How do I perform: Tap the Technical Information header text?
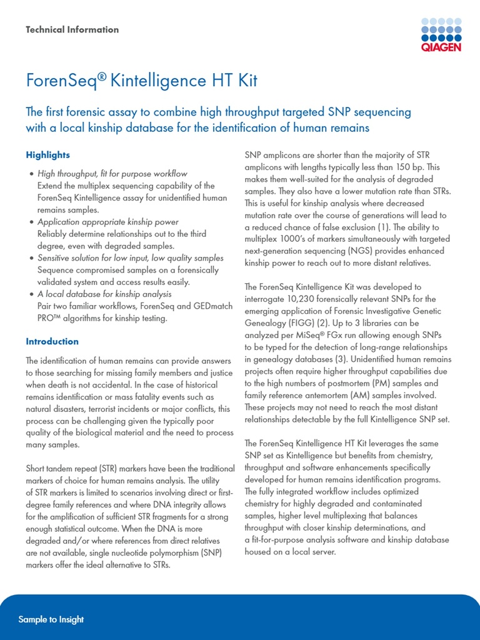click(x=72, y=29)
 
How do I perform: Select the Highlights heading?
click(x=47, y=154)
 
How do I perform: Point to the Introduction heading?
click(x=52, y=341)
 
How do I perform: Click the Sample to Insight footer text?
click(x=51, y=619)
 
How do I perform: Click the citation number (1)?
click(x=384, y=227)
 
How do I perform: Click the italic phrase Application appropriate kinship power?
click(x=108, y=222)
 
